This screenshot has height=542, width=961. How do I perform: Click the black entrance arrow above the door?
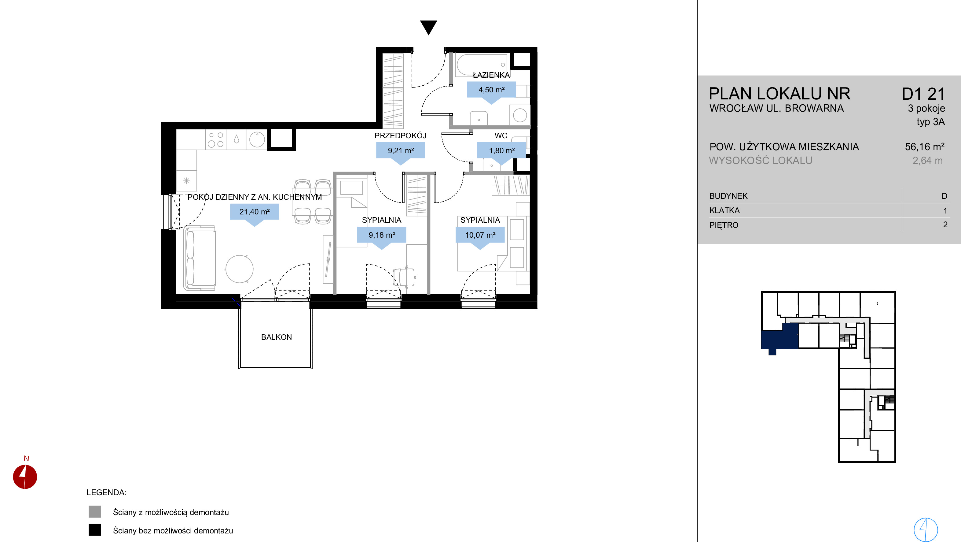click(x=428, y=27)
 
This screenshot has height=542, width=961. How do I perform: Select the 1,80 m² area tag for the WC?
click(x=502, y=153)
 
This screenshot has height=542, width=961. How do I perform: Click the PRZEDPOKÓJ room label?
click(x=400, y=135)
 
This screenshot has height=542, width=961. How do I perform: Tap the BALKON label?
click(x=277, y=337)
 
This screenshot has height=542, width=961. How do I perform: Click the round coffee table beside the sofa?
click(x=239, y=269)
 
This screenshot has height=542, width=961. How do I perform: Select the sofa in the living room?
click(x=200, y=258)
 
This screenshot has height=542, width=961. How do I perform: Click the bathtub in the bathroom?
click(x=482, y=65)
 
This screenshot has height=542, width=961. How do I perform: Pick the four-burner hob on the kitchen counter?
click(x=216, y=139)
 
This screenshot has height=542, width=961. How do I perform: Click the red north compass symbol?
click(x=25, y=476)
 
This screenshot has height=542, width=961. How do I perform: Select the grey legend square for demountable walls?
click(x=95, y=511)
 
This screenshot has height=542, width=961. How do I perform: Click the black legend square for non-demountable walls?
click(x=95, y=530)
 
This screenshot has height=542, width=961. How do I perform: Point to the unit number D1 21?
click(x=923, y=94)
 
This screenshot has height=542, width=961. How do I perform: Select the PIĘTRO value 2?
click(x=945, y=225)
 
